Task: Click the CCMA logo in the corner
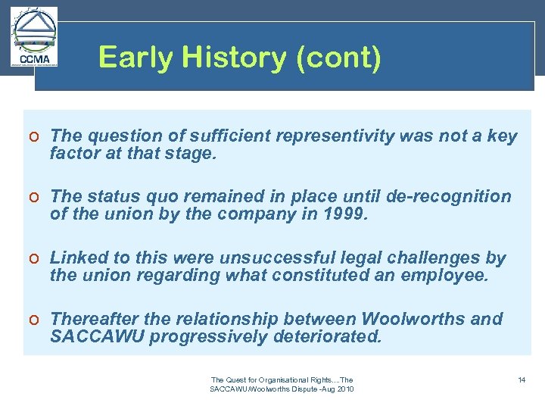tap(33, 38)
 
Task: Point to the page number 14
tap(522, 379)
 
